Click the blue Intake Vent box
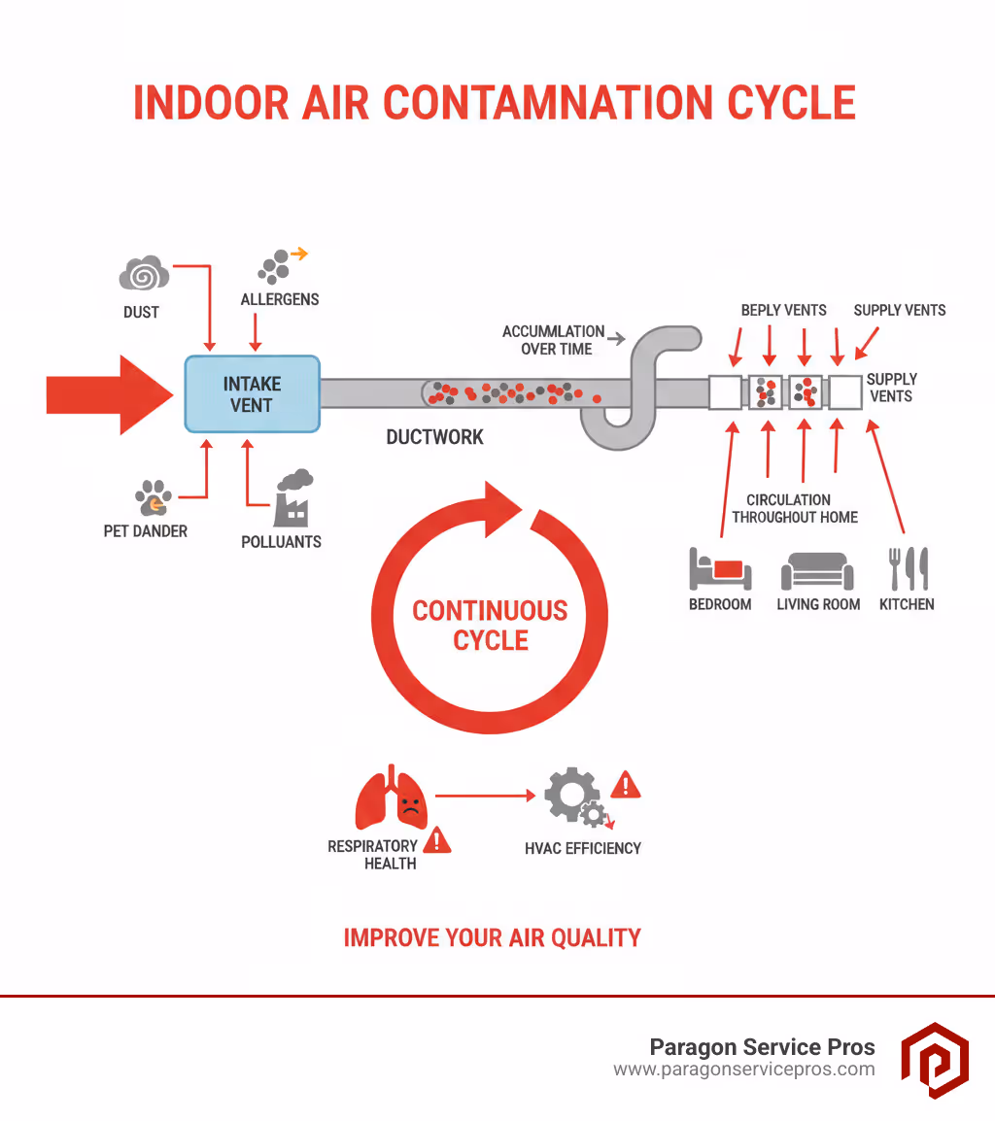pyautogui.click(x=252, y=393)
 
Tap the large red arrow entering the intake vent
pyautogui.click(x=107, y=394)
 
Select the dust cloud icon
pyautogui.click(x=144, y=274)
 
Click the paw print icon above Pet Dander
pyautogui.click(x=153, y=497)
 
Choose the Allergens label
pyautogui.click(x=280, y=299)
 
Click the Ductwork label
pyautogui.click(x=434, y=437)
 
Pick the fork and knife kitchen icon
pyautogui.click(x=908, y=568)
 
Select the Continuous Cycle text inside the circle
pyautogui.click(x=491, y=626)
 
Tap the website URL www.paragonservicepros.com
pyautogui.click(x=743, y=1070)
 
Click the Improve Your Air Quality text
pyautogui.click(x=493, y=937)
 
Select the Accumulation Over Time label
pyautogui.click(x=553, y=340)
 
